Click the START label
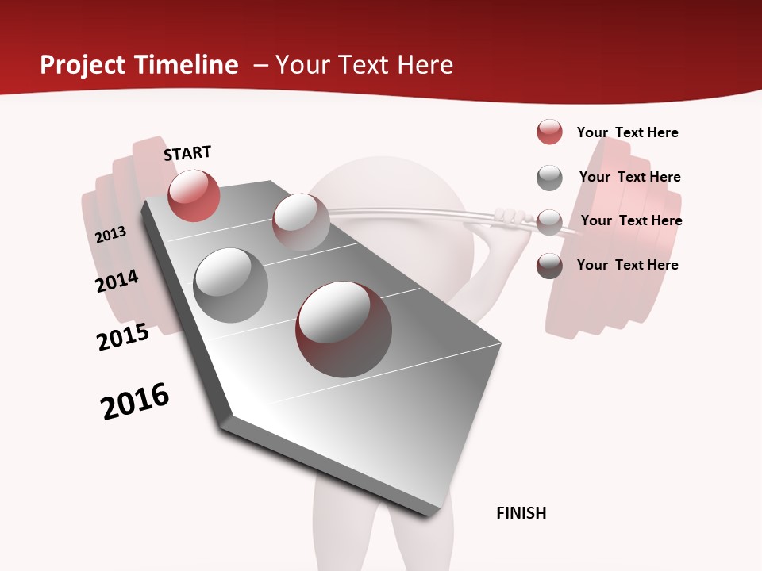pyautogui.click(x=187, y=153)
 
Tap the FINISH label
pyautogui.click(x=521, y=513)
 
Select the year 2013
pyautogui.click(x=110, y=235)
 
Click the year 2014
pyautogui.click(x=117, y=282)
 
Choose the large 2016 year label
pyautogui.click(x=135, y=401)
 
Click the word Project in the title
pyautogui.click(x=84, y=65)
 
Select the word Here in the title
pyautogui.click(x=425, y=65)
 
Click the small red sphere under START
pyautogui.click(x=194, y=195)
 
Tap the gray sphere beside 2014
pyautogui.click(x=231, y=285)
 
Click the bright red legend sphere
pyautogui.click(x=549, y=132)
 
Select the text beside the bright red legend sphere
pyautogui.click(x=627, y=132)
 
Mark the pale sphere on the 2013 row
pyautogui.click(x=301, y=222)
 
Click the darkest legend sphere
pyautogui.click(x=549, y=266)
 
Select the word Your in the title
pyautogui.click(x=302, y=65)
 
